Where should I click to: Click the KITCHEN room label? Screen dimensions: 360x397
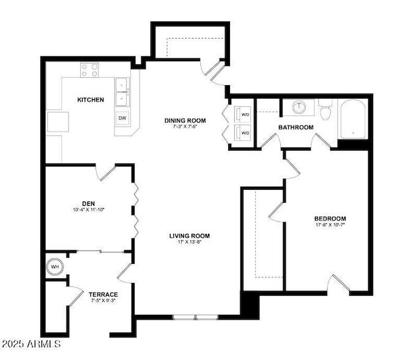(91, 100)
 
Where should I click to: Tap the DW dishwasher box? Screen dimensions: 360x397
(122, 118)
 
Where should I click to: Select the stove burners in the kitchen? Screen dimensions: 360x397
(89, 70)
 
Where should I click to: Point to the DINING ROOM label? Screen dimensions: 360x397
(185, 121)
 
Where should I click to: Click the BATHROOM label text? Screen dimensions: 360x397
(295, 127)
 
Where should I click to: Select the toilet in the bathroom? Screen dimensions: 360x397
(325, 110)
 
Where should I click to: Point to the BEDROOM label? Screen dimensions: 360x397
(330, 219)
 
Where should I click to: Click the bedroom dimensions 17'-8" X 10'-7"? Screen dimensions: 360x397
(330, 225)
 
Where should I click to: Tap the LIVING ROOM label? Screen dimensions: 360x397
(190, 236)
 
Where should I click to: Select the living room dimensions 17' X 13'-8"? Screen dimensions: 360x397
(190, 242)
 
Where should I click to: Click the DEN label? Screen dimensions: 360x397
(89, 204)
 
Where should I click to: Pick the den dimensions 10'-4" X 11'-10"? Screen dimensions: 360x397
(89, 210)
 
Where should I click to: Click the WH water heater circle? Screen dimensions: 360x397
(55, 267)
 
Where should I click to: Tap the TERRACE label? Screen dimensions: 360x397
(103, 294)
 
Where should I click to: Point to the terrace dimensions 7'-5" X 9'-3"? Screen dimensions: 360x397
(103, 301)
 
